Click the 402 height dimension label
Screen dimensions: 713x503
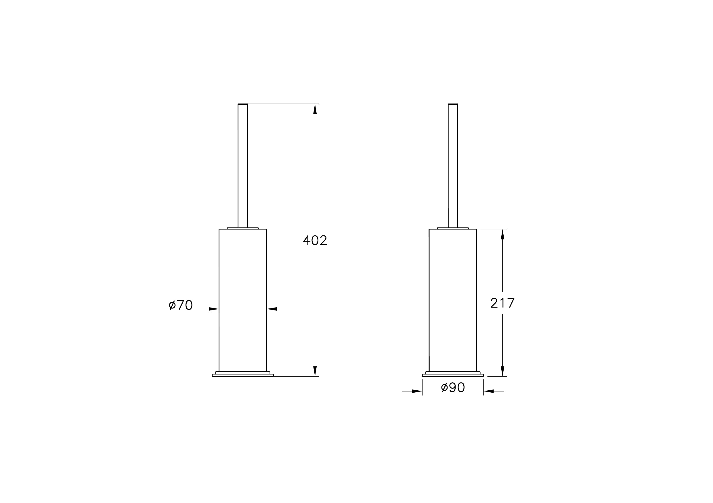point(315,240)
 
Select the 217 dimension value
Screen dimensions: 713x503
point(502,303)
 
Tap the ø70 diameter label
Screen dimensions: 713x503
point(181,305)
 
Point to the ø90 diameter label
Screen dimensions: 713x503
point(453,387)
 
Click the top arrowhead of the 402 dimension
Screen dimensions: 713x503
point(315,109)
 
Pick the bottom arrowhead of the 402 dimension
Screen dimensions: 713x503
point(315,371)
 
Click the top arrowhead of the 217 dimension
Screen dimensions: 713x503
point(502,234)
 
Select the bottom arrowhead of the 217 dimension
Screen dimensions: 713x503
point(502,371)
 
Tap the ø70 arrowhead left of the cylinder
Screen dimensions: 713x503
point(214,309)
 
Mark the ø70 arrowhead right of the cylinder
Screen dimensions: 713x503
point(272,309)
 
